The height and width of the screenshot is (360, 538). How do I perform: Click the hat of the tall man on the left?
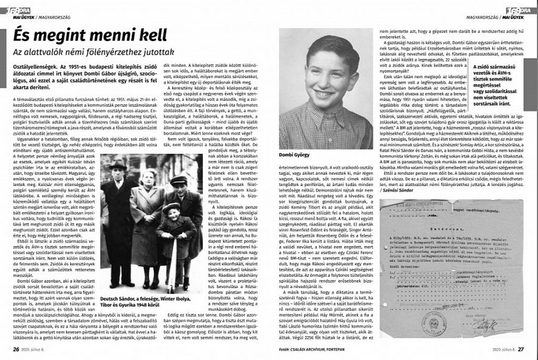click(x=118, y=164)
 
